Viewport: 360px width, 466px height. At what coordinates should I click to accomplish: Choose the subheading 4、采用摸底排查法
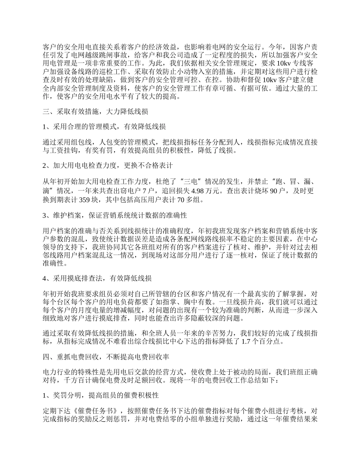coord(97,279)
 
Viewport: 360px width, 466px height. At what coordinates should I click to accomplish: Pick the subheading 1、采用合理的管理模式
coord(104,126)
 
